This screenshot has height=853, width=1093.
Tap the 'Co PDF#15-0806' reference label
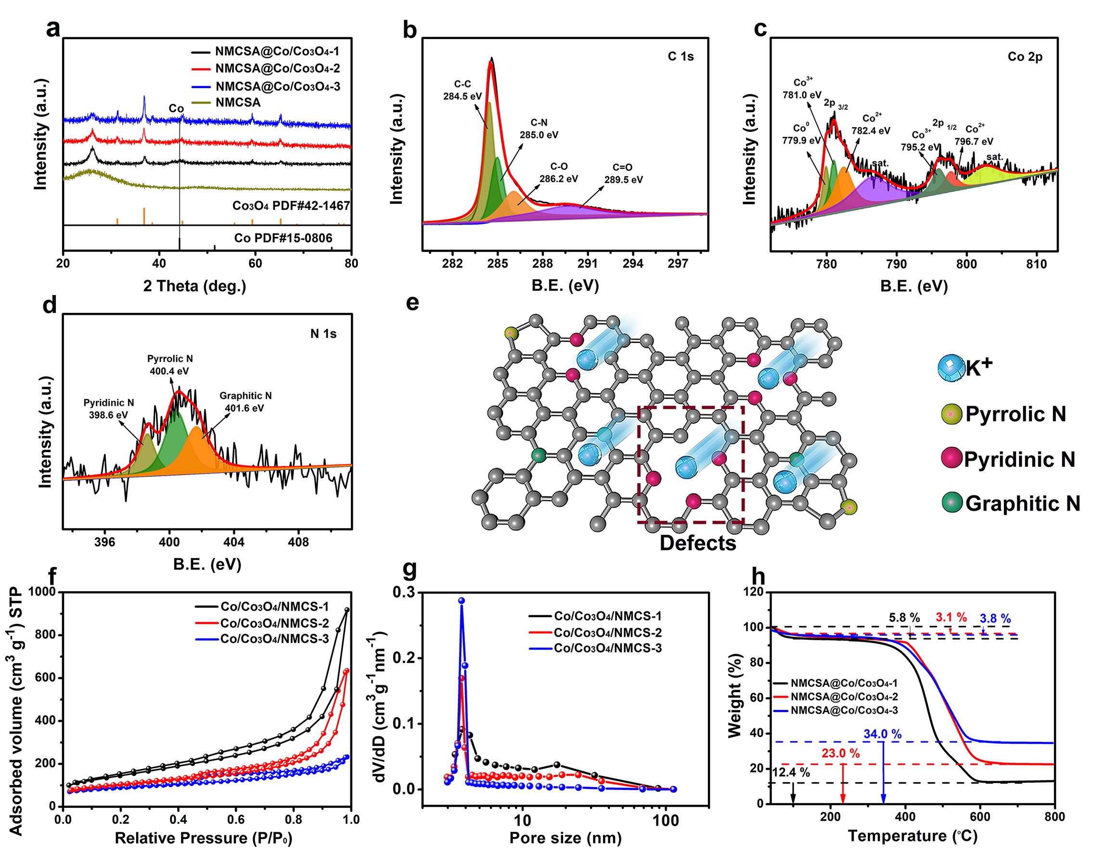tap(283, 238)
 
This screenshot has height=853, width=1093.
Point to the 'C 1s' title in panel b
tap(681, 57)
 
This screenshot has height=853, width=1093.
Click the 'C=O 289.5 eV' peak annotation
tap(623, 174)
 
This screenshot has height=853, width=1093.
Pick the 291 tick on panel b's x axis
tap(588, 263)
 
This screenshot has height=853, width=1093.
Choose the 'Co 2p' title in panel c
tap(1025, 57)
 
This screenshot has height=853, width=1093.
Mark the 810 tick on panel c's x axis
tap(1036, 263)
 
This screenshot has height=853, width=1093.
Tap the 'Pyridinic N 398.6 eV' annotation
tap(109, 409)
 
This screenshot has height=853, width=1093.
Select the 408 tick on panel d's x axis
tap(299, 542)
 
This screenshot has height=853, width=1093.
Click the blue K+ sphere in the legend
tap(951, 368)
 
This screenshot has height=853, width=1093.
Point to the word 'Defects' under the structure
tap(698, 543)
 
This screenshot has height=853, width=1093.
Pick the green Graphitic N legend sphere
tap(952, 503)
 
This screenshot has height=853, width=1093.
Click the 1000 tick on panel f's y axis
tap(42, 592)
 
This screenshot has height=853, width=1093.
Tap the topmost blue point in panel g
tap(462, 601)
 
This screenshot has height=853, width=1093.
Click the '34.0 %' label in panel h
tap(882, 735)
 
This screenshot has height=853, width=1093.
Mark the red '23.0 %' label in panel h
tap(840, 753)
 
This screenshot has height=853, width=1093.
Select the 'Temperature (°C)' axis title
tap(913, 836)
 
